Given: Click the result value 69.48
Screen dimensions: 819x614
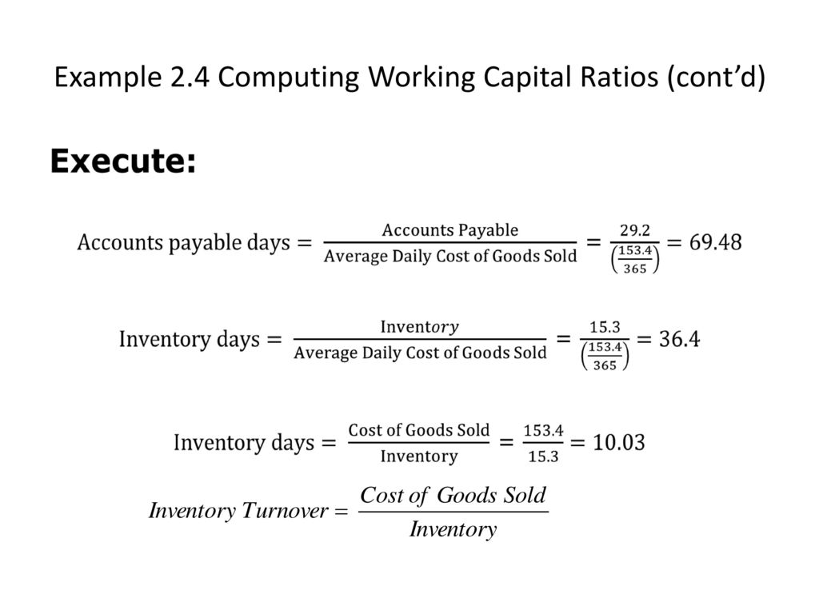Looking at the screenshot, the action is [x=715, y=242].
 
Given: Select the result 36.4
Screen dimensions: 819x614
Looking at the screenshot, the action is [x=679, y=339].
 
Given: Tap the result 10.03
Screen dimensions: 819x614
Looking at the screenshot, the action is [x=618, y=442].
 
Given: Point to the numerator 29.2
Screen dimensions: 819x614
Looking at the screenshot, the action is [x=634, y=229].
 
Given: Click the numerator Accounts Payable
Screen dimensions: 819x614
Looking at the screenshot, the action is [x=449, y=229].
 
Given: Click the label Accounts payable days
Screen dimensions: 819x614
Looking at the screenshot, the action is [x=183, y=243].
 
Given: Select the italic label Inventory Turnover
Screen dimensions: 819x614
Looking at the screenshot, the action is [x=238, y=511].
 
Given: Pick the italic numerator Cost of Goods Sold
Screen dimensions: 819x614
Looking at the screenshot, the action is [x=453, y=495].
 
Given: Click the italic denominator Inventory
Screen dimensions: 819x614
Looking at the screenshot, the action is [x=453, y=529].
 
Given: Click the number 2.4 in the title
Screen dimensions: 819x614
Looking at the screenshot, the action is [x=190, y=77].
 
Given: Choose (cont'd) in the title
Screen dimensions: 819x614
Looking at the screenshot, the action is [x=716, y=78].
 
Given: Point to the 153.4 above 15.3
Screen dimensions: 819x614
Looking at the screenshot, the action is [x=543, y=430].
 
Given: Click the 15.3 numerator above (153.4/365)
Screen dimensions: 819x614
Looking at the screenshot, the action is [x=605, y=327].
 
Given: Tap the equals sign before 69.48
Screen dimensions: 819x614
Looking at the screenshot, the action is [x=674, y=243].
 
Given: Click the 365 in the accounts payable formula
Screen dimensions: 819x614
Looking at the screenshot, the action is [x=634, y=269].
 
